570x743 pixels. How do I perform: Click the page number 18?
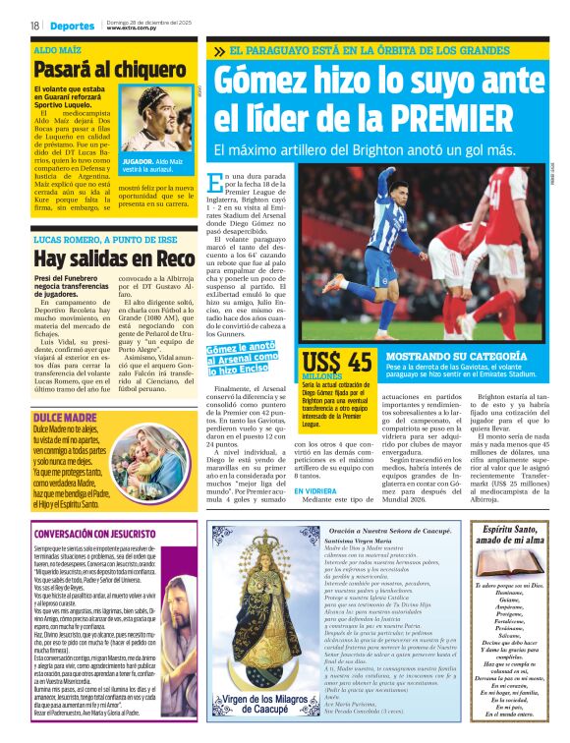coord(34,26)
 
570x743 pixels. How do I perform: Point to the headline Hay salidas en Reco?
coord(113,259)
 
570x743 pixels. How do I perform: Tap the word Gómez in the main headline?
coord(262,80)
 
